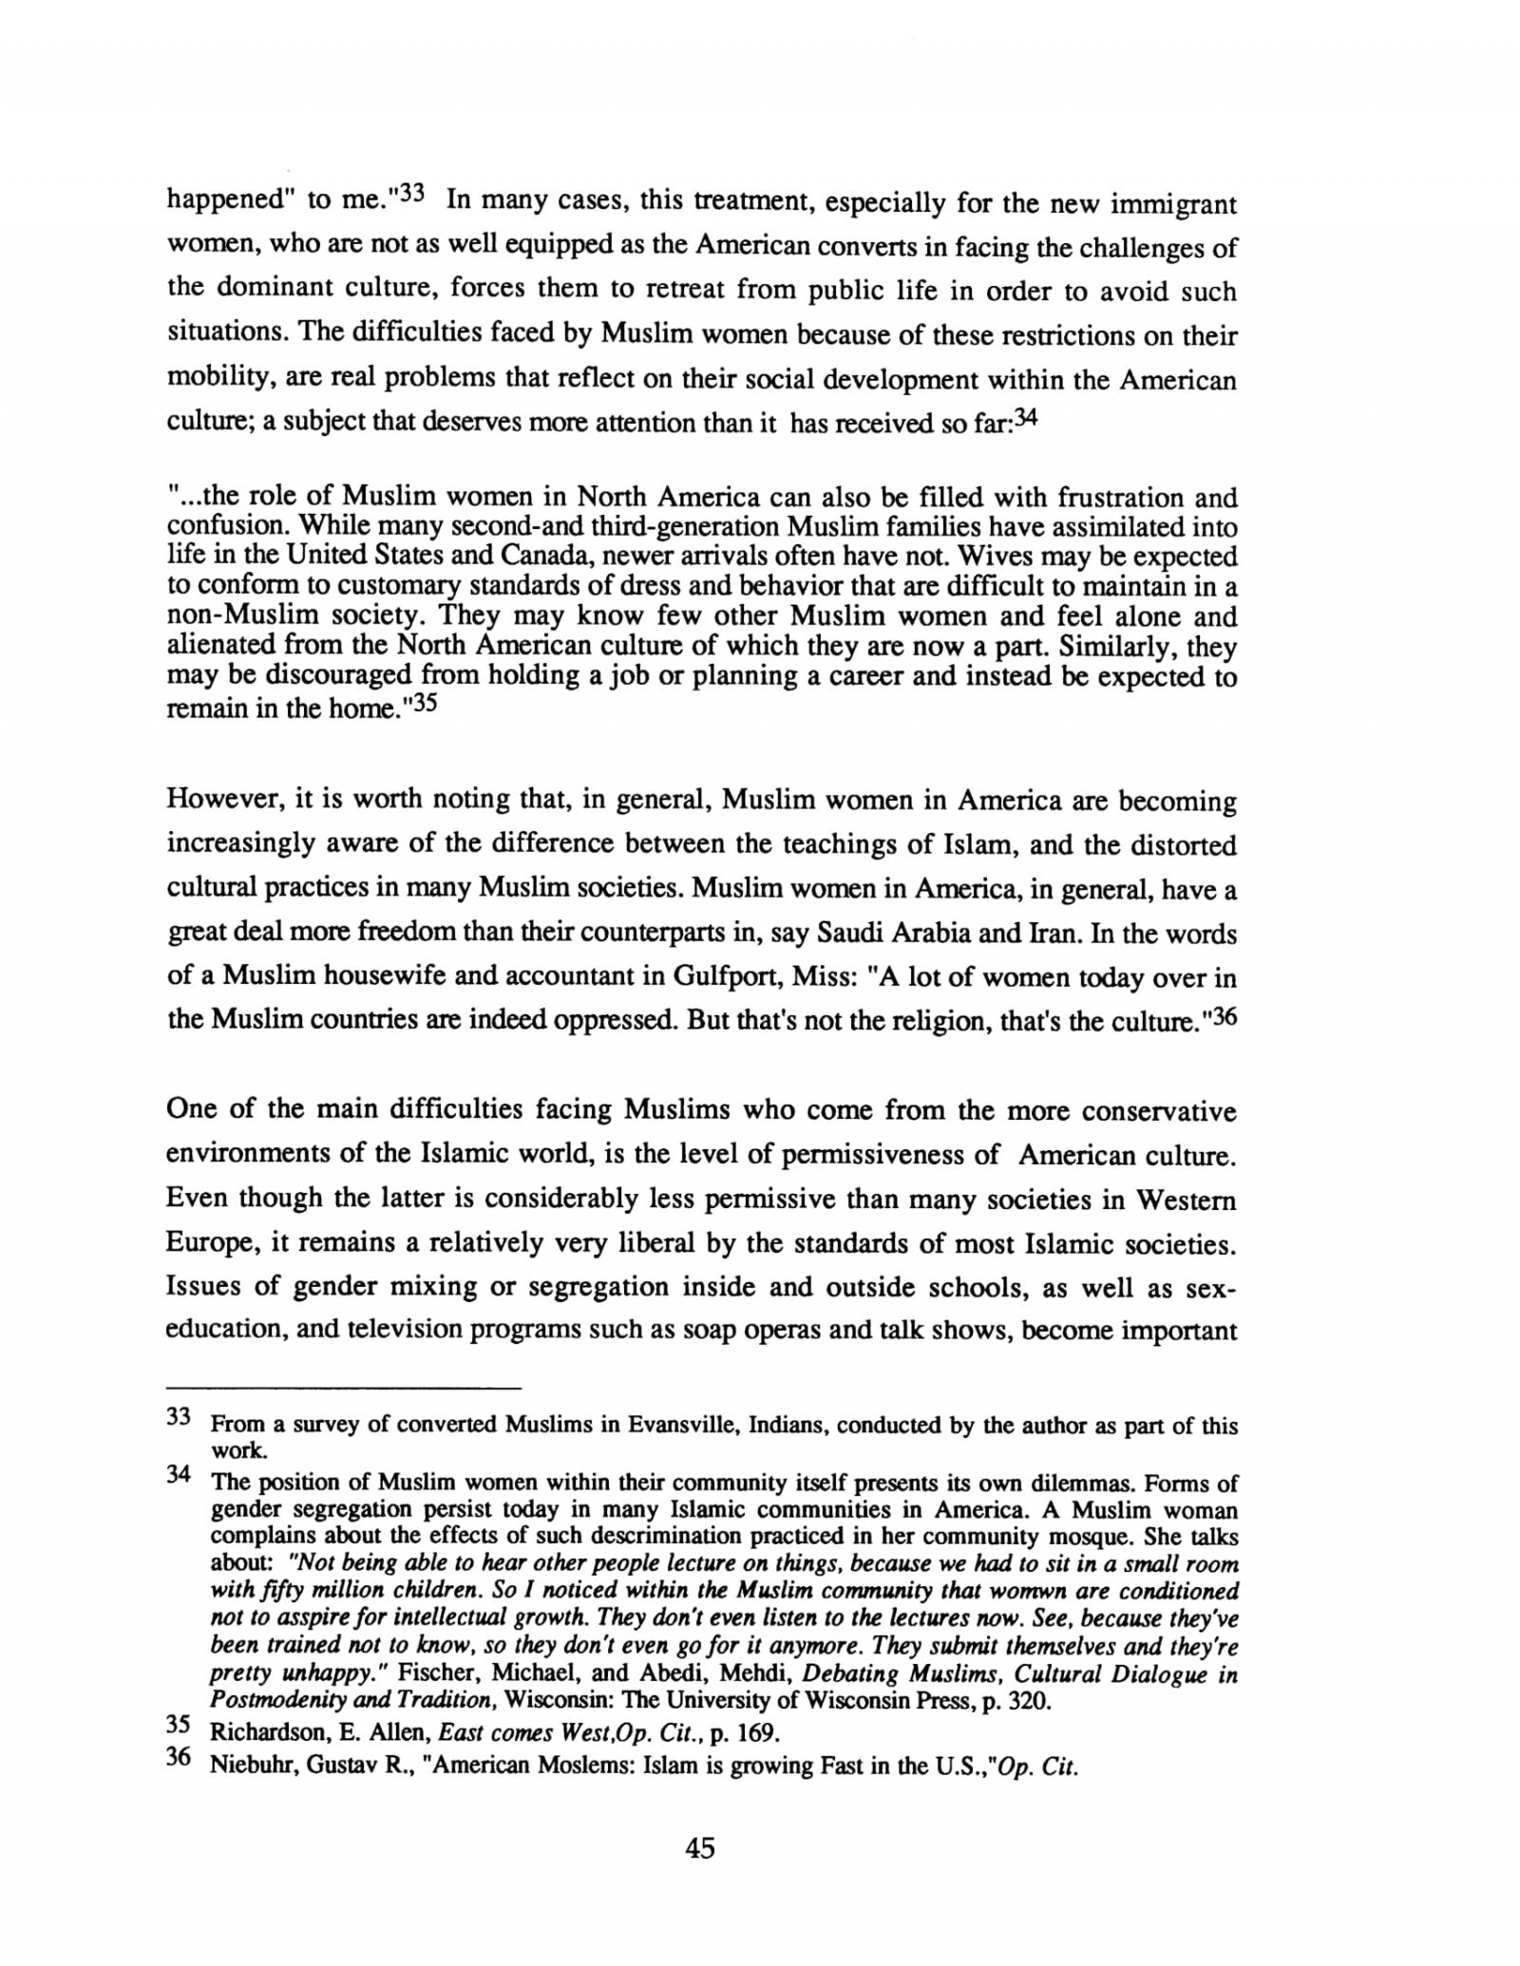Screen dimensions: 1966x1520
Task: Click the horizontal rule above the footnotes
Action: (344, 1389)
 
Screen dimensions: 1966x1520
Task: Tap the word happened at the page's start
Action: (226, 203)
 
